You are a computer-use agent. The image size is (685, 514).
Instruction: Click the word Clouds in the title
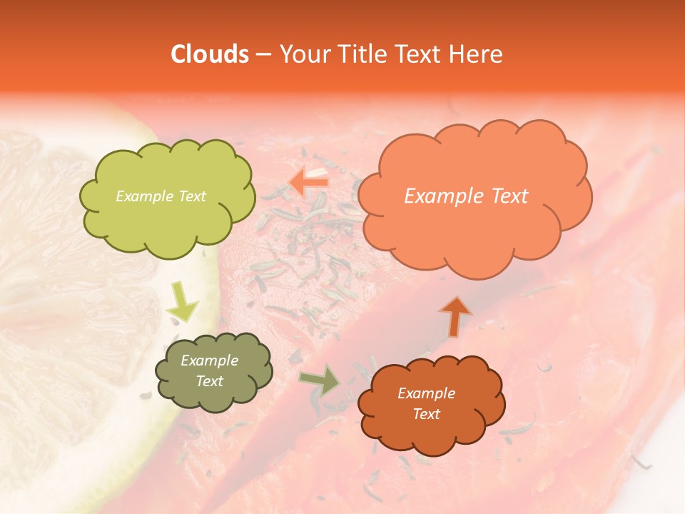(210, 54)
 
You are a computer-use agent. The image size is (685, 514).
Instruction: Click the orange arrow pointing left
(308, 183)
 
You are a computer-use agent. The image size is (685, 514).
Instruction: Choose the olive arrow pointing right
(320, 381)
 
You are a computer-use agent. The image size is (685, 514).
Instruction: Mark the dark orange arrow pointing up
(455, 316)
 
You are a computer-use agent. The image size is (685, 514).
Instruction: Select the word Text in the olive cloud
(210, 381)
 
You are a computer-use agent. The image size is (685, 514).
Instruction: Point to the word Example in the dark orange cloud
(426, 393)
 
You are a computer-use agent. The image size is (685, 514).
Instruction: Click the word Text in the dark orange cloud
(426, 414)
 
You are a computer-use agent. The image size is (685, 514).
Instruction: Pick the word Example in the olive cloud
(210, 361)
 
